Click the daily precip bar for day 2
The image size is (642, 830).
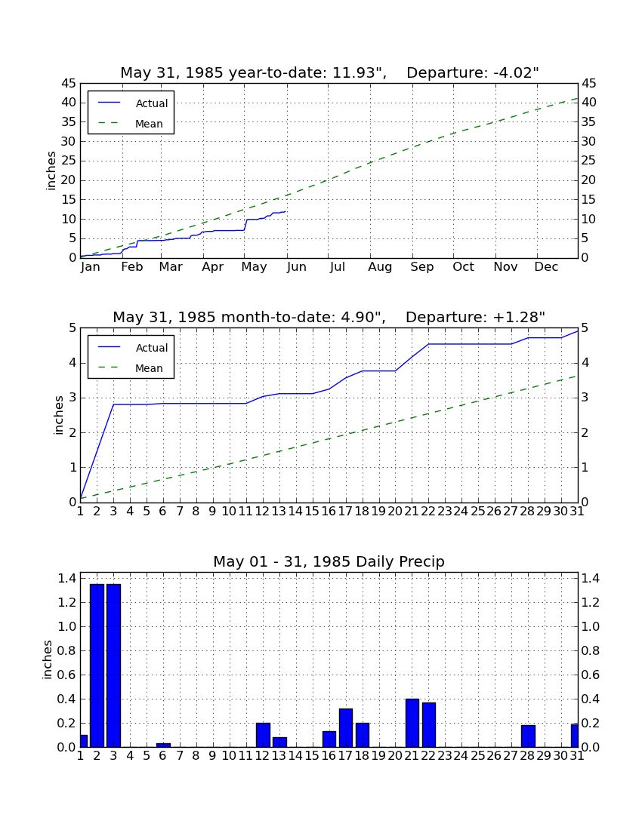click(97, 666)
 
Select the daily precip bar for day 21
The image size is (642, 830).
click(412, 723)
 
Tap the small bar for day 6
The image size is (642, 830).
click(163, 745)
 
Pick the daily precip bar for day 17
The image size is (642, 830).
click(346, 728)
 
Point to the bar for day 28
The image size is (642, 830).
click(528, 736)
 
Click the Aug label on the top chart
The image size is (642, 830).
click(381, 267)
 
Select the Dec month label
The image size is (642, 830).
click(546, 267)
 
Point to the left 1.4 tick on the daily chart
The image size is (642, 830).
click(66, 578)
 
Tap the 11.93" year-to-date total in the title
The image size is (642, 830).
click(359, 72)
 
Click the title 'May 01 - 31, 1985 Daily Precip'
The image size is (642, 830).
click(329, 561)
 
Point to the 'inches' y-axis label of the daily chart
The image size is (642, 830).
click(47, 659)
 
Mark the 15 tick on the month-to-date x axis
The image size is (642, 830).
click(313, 512)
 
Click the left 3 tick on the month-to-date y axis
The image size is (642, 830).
click(73, 398)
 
